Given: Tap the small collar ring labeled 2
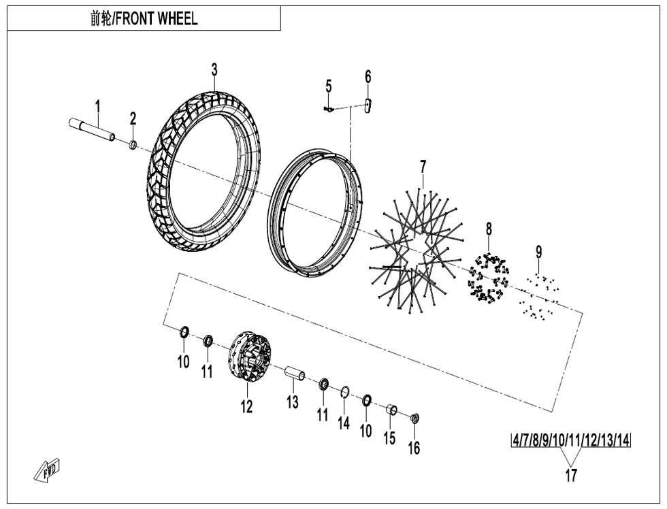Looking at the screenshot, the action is click(133, 145).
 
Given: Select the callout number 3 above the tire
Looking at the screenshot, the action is click(214, 69).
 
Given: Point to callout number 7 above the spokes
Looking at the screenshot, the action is click(423, 167).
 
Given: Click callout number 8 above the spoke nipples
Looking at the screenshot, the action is click(489, 229).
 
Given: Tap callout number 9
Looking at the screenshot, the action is click(539, 252).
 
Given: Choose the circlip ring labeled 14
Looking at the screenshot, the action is click(345, 392).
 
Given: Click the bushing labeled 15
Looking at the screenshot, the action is click(391, 410).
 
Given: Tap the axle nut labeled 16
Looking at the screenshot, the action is click(414, 418).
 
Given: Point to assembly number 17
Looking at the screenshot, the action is click(571, 475).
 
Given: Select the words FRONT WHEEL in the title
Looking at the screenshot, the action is click(157, 18).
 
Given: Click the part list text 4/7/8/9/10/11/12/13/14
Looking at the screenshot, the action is click(571, 440).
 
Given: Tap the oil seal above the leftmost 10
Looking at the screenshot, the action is click(184, 331).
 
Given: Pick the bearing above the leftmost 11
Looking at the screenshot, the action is click(208, 341).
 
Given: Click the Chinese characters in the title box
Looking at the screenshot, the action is click(101, 18).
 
